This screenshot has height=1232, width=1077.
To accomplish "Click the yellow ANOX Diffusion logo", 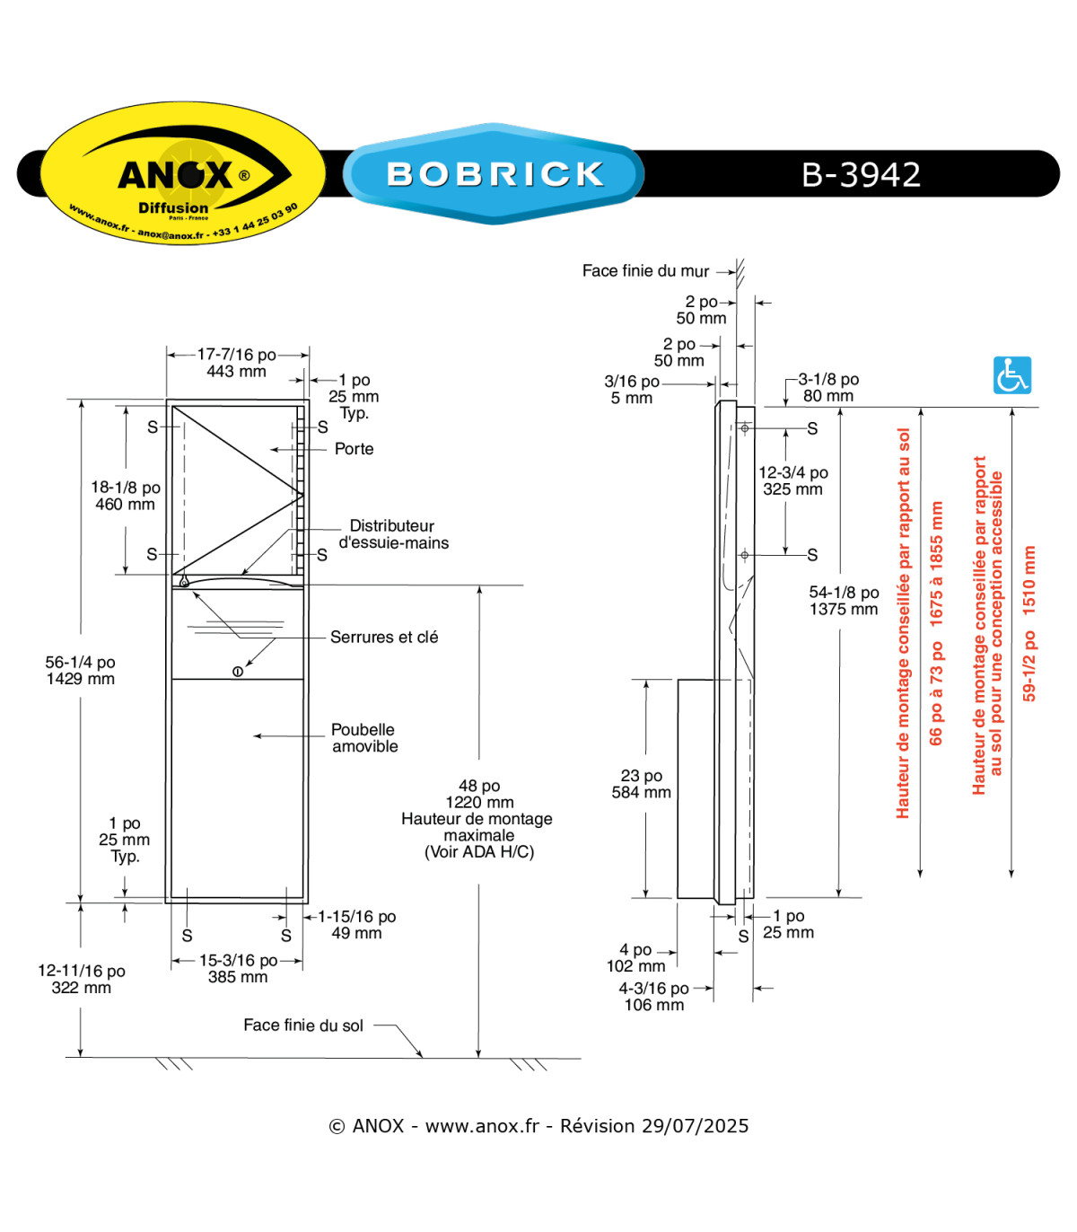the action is [x=183, y=172].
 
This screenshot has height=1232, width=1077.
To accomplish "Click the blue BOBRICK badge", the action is [x=494, y=173].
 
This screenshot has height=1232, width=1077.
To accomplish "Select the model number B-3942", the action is [x=861, y=174].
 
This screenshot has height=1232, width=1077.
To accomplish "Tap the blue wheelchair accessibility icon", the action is [x=1011, y=375].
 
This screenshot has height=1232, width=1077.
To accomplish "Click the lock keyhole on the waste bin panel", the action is [x=238, y=672].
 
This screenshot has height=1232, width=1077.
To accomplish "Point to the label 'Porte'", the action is [x=354, y=449].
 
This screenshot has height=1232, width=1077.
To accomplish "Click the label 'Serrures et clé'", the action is [x=384, y=637].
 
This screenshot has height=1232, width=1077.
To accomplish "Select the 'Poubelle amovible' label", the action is [x=364, y=737].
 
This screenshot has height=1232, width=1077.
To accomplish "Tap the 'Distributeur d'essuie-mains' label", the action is [x=393, y=534].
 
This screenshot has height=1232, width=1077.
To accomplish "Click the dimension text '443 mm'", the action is [x=236, y=372].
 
